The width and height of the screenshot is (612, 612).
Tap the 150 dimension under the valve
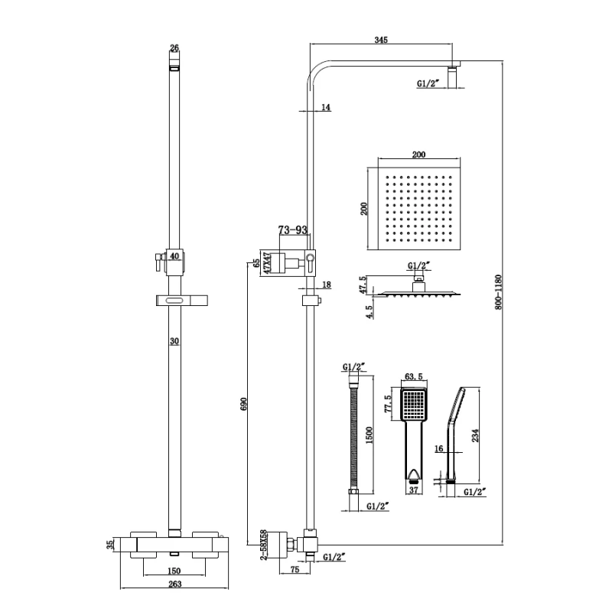174,571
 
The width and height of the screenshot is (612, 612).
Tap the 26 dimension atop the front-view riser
174,48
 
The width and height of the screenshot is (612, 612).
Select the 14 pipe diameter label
325,108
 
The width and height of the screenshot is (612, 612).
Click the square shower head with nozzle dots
420,207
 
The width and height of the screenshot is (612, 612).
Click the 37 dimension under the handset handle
414,490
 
